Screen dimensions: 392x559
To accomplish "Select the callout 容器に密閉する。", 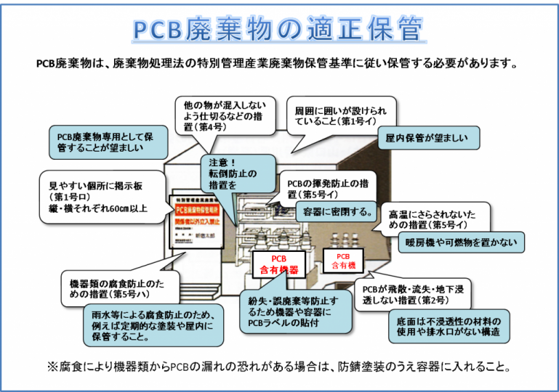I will coord(335,211).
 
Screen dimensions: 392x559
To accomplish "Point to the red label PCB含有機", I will coord(343,261).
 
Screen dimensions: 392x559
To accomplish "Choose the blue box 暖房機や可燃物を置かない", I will coord(461,242).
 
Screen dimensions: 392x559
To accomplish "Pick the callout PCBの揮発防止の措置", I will coord(322,189).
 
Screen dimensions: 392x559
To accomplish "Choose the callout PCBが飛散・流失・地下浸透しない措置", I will coord(417,293).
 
